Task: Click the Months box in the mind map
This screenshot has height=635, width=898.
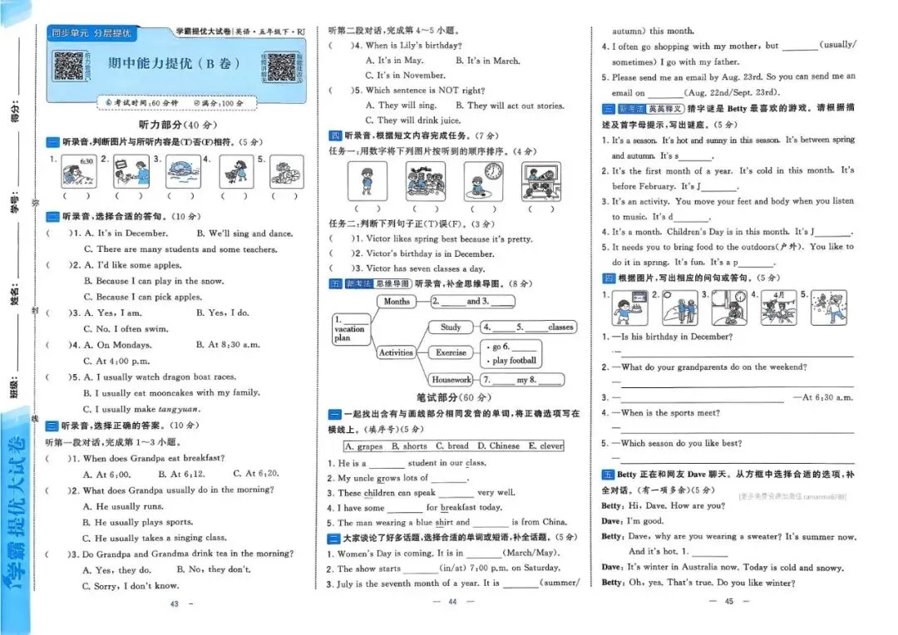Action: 397,302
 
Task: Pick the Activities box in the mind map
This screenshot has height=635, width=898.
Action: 396,352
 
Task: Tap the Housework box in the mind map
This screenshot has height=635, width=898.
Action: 451,380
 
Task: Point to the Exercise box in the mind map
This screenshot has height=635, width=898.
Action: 451,352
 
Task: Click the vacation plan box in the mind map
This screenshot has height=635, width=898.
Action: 350,329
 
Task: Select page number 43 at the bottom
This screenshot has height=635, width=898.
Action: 174,604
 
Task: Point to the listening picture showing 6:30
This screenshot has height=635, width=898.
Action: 76,171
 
